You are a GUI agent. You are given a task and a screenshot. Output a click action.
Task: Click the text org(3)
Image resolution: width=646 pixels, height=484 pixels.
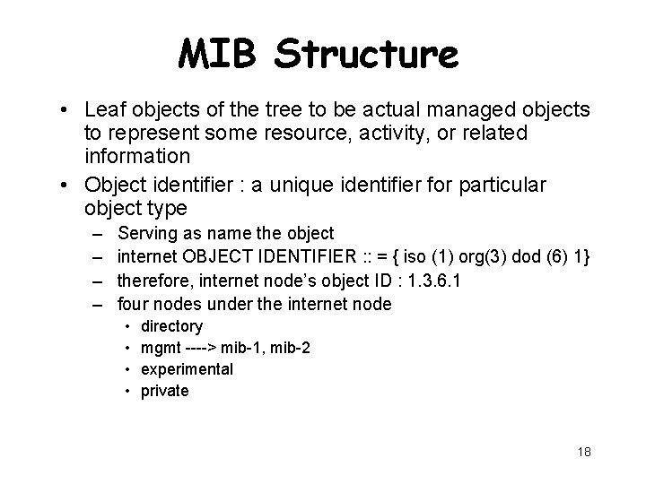click(480, 257)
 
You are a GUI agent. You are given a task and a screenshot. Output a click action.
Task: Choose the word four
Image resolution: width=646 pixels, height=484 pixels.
click(135, 304)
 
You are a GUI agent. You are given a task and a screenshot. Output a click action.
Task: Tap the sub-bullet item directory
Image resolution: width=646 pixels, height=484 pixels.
click(172, 326)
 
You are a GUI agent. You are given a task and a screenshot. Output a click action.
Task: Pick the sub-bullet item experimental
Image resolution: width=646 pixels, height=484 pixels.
click(188, 369)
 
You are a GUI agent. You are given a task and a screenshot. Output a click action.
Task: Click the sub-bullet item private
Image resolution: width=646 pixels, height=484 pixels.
click(165, 391)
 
